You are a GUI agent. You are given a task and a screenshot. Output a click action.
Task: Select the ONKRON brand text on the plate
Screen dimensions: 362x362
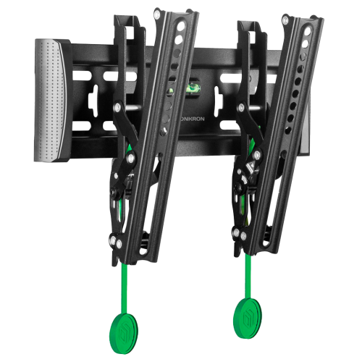pyautogui.click(x=193, y=119)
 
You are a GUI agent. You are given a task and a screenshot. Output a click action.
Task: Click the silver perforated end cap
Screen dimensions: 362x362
pyautogui.click(x=50, y=100)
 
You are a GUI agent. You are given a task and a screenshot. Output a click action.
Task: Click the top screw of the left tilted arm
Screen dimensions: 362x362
pyautogui.click(x=157, y=14)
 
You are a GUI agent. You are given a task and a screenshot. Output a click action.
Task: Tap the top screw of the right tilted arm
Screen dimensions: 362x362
pyautogui.click(x=286, y=20)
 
